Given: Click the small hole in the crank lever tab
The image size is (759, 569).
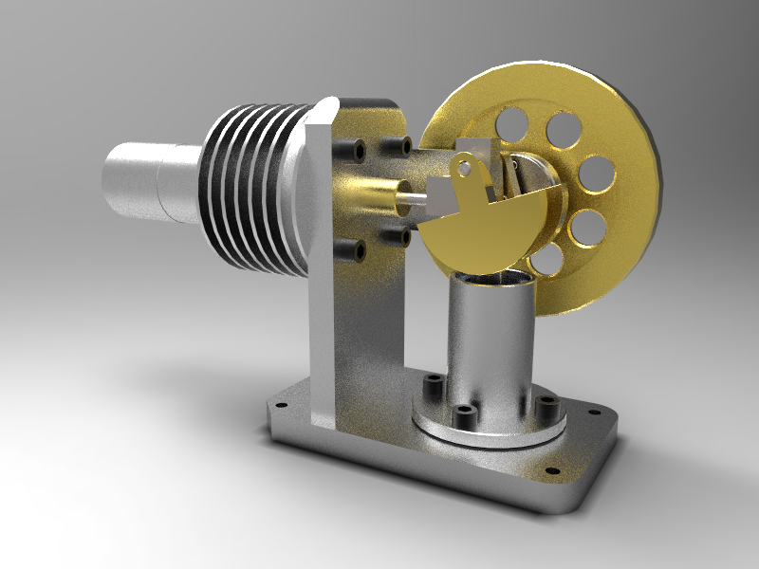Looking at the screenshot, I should [467, 169].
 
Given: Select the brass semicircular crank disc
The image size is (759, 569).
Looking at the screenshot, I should [484, 223].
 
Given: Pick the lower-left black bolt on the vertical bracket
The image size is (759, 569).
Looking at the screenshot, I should [358, 249].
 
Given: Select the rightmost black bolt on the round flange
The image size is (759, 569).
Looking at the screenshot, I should [546, 405].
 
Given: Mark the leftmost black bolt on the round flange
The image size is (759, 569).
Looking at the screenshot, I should [433, 387].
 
